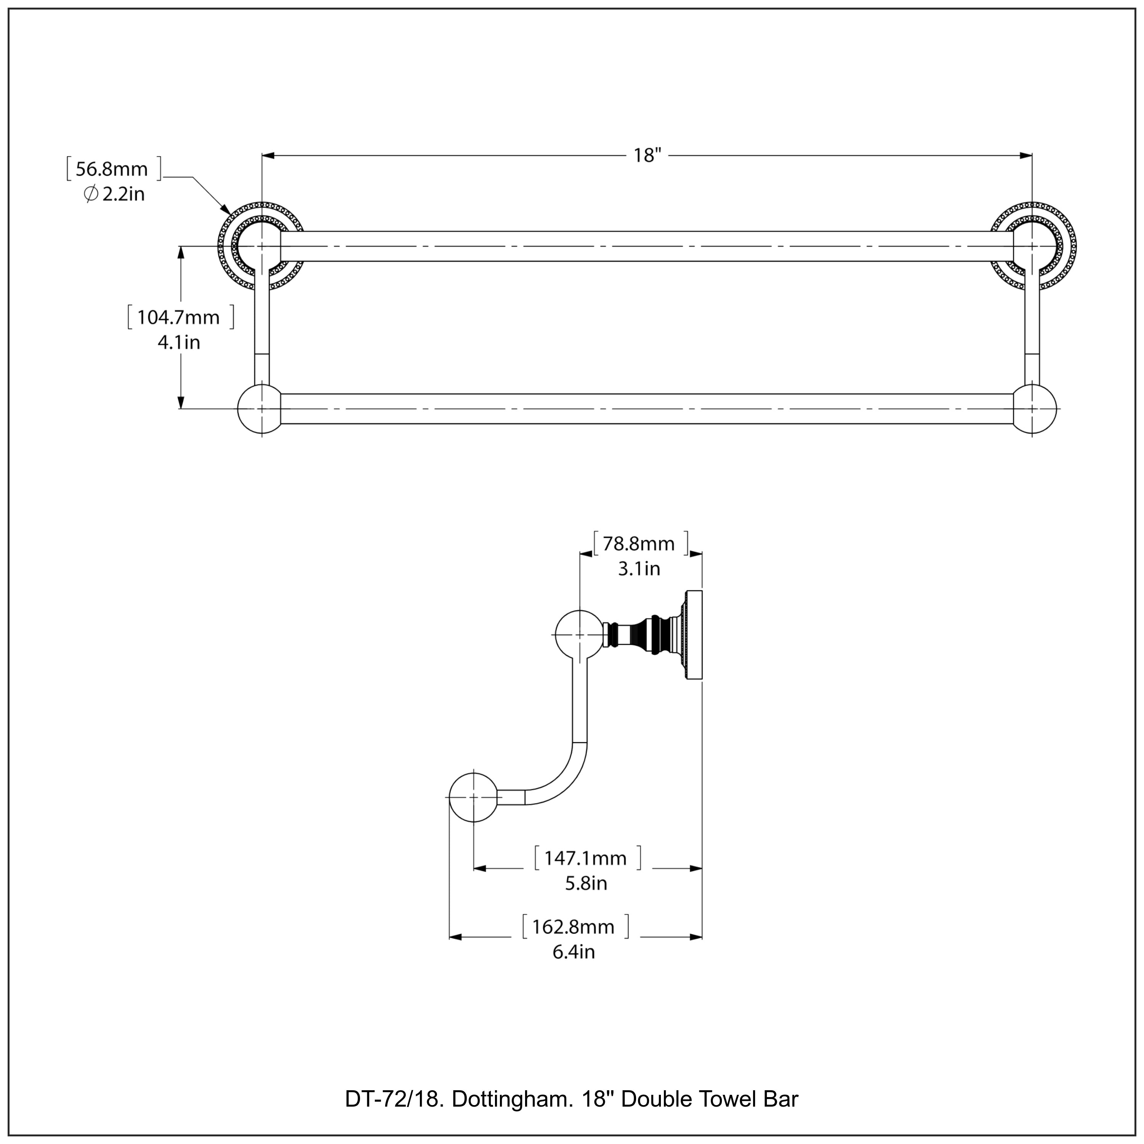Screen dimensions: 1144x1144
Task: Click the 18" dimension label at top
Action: (647, 156)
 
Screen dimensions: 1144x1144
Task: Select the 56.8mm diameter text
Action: (112, 169)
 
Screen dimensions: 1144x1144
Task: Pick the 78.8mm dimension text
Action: (638, 543)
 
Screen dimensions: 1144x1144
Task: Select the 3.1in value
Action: (638, 569)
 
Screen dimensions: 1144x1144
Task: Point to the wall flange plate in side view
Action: (694, 635)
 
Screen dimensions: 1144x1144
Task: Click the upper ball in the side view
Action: (578, 635)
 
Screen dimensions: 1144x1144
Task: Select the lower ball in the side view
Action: (473, 798)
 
